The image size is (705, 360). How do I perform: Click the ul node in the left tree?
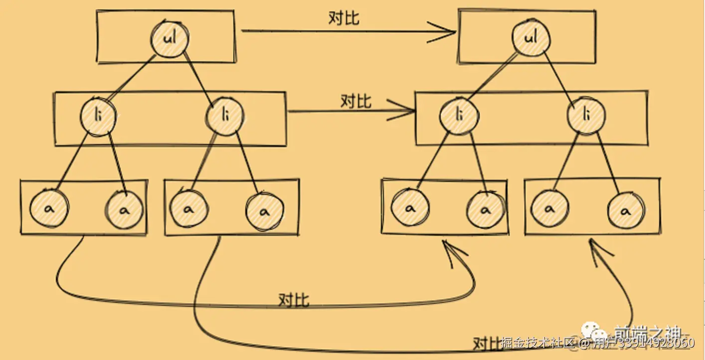[x=170, y=38]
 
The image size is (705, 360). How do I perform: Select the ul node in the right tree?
[x=531, y=37]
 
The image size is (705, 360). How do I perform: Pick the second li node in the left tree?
[x=225, y=117]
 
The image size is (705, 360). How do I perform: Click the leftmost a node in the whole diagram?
[x=49, y=208]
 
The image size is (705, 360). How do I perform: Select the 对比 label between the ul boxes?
[x=344, y=18]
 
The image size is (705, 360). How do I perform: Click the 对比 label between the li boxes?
[x=355, y=101]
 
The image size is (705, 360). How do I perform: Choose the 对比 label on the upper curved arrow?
[x=294, y=300]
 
